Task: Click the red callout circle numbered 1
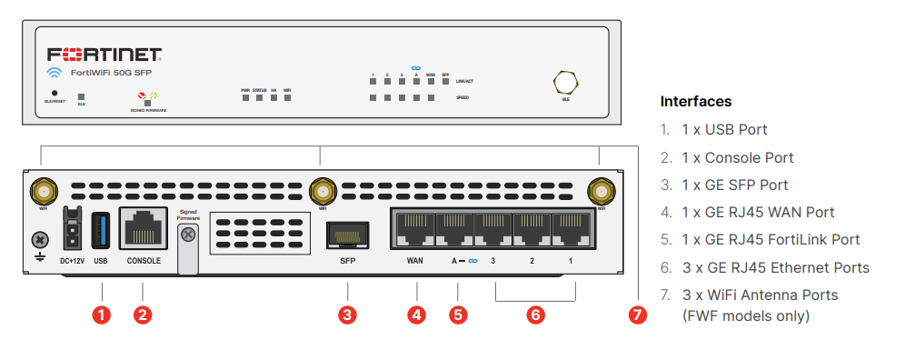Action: coord(103,315)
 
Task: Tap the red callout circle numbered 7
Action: coord(637,315)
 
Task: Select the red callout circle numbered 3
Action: coord(347,315)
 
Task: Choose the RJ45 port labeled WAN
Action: coord(414,229)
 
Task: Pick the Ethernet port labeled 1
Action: coord(570,229)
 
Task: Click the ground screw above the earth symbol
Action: coord(39,240)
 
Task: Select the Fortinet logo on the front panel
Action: coord(104,54)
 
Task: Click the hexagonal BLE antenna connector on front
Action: coord(565,82)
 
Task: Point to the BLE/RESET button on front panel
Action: coord(55,93)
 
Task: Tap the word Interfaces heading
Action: coord(696,101)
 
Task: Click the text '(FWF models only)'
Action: coord(745,315)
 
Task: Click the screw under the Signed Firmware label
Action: coord(188,235)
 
